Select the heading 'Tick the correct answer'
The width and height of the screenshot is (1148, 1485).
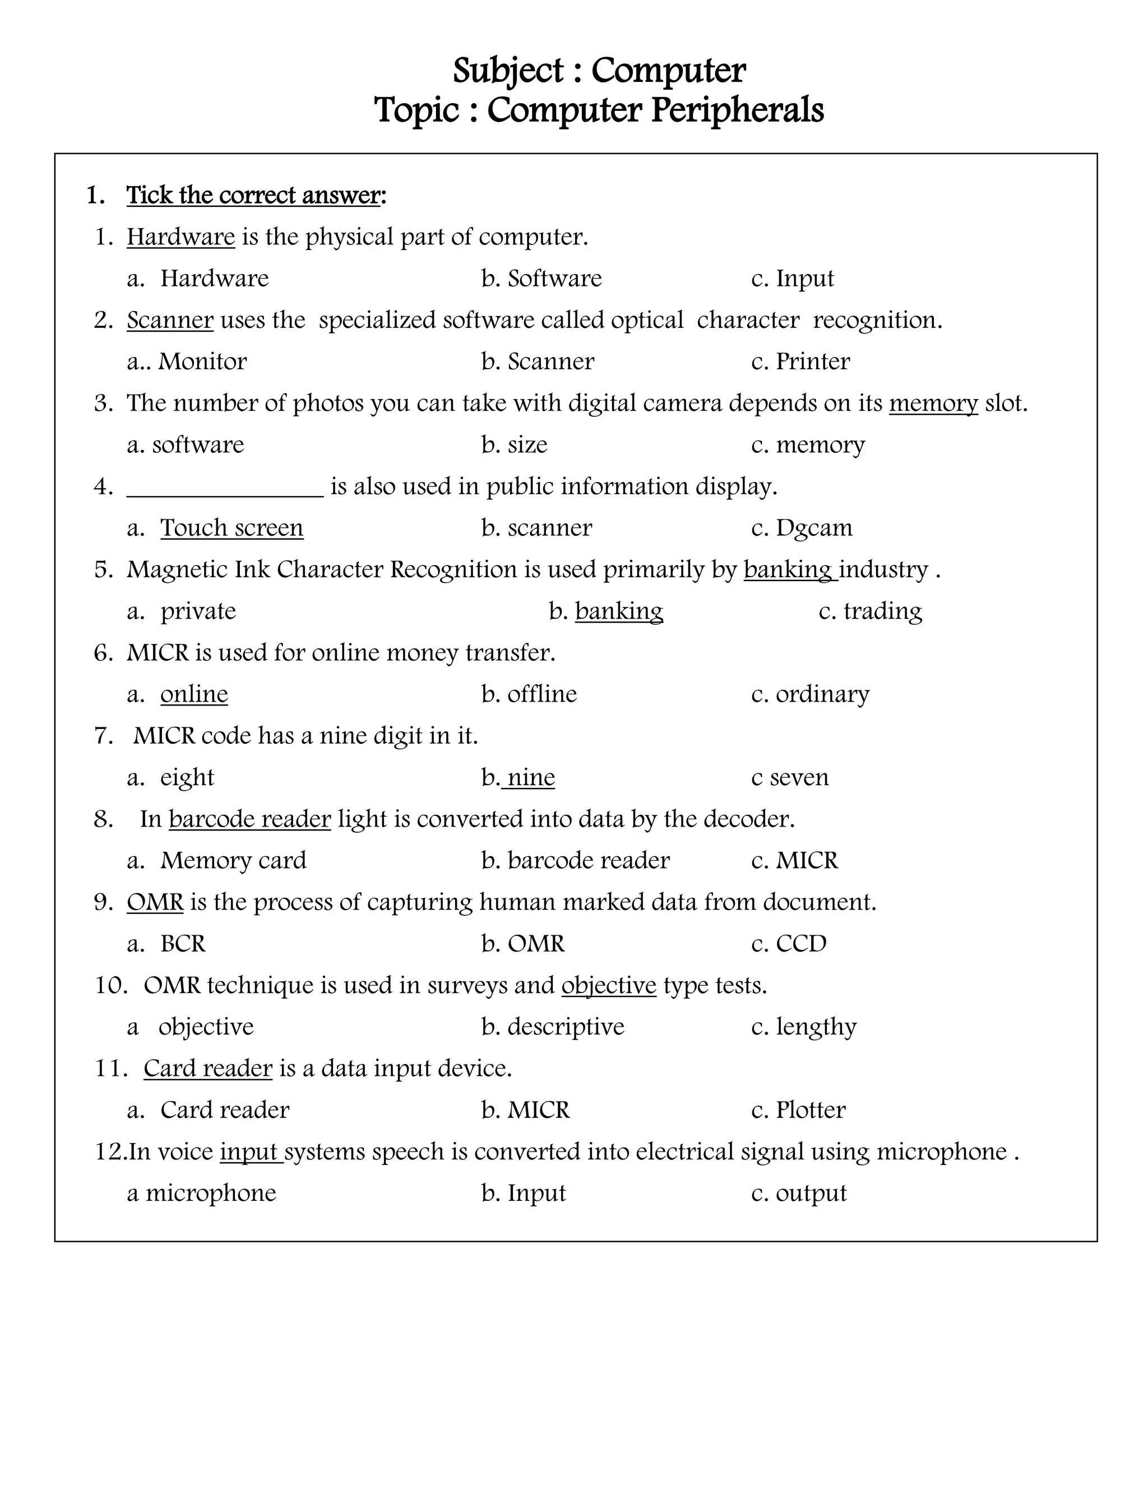256,195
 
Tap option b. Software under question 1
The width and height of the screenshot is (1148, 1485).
541,278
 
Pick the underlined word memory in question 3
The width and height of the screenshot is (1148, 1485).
933,403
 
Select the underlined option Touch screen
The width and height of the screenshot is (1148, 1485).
232,528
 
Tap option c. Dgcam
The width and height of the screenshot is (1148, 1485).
801,528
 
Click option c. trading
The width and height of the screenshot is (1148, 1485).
871,611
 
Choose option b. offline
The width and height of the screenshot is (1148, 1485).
529,694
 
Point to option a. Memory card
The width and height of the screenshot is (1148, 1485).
217,860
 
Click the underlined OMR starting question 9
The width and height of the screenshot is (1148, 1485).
155,902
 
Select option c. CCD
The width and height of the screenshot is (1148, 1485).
789,944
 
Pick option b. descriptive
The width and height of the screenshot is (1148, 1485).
552,1027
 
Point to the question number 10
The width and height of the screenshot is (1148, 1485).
111,985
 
